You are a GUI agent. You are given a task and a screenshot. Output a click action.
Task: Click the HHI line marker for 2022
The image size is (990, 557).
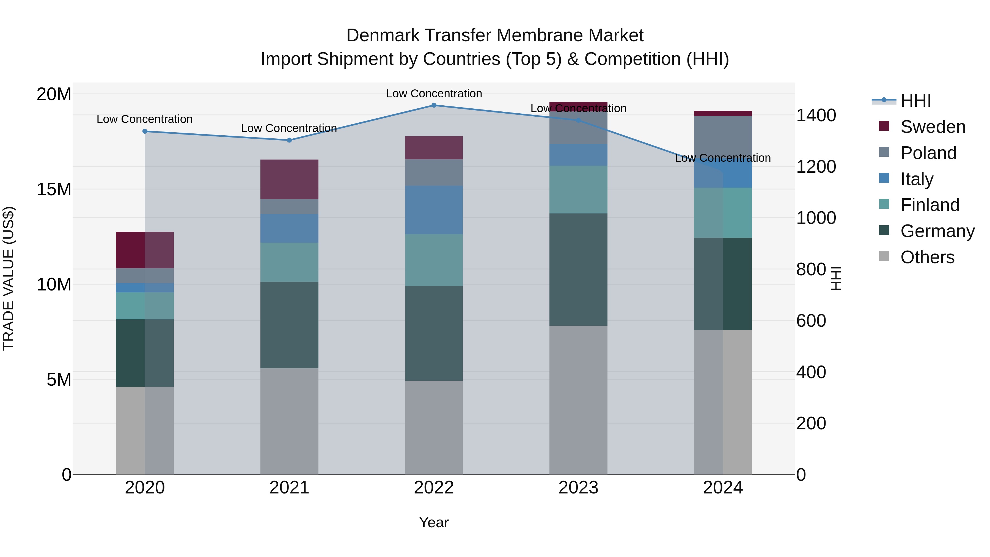pyautogui.click(x=434, y=105)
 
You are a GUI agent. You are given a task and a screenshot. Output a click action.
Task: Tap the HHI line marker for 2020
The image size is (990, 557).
pyautogui.click(x=145, y=131)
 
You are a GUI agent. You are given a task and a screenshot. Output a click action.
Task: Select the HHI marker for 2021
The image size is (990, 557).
pyautogui.click(x=289, y=140)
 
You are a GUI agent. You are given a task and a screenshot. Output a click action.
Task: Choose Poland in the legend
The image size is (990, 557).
pyautogui.click(x=928, y=153)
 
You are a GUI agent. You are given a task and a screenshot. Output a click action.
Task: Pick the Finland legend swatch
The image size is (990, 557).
pyautogui.click(x=884, y=204)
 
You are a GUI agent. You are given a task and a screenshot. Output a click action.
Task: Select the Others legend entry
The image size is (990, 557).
pyautogui.click(x=927, y=257)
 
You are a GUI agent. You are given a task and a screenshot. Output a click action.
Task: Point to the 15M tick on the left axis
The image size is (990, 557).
pyautogui.click(x=54, y=189)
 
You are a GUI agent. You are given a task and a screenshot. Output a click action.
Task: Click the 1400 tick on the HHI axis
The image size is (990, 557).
pyautogui.click(x=816, y=115)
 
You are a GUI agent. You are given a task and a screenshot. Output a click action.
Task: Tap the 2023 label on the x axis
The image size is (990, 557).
pyautogui.click(x=578, y=488)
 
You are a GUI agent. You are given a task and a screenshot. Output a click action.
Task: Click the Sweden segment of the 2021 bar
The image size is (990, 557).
pyautogui.click(x=289, y=179)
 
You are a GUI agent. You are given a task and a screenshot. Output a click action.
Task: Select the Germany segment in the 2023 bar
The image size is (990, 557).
pyautogui.click(x=578, y=270)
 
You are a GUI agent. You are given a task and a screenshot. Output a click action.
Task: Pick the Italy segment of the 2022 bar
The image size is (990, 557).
pyautogui.click(x=434, y=210)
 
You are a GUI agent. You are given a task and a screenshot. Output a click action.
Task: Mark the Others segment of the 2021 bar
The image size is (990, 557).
pyautogui.click(x=289, y=421)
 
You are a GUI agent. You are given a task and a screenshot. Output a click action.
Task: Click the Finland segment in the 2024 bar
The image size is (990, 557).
pyautogui.click(x=723, y=213)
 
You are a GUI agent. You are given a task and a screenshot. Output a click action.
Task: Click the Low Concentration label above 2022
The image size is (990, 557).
pyautogui.click(x=434, y=94)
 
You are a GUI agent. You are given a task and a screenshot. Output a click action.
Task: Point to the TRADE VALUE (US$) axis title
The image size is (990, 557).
pyautogui.click(x=9, y=278)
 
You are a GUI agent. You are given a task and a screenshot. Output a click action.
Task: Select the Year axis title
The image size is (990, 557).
pyautogui.click(x=434, y=522)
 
